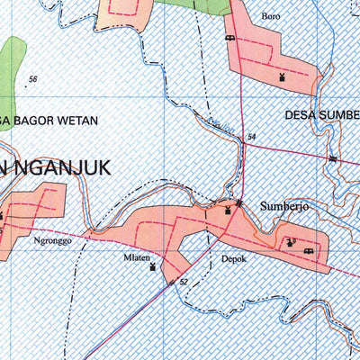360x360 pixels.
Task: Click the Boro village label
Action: [270, 16]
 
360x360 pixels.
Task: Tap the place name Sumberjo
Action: [284, 206]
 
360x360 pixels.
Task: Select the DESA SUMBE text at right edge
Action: [321, 115]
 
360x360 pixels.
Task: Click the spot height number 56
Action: [33, 80]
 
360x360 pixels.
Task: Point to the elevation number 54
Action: [251, 137]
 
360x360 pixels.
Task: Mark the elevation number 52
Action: [184, 282]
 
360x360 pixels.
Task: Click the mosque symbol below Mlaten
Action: [152, 267]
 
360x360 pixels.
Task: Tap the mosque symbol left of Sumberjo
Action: [228, 211]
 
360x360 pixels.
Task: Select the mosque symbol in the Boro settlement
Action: [283, 77]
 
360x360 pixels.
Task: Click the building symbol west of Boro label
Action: [229, 38]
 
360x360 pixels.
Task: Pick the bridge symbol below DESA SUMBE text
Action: [333, 158]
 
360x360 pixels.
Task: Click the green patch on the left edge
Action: [11, 63]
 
